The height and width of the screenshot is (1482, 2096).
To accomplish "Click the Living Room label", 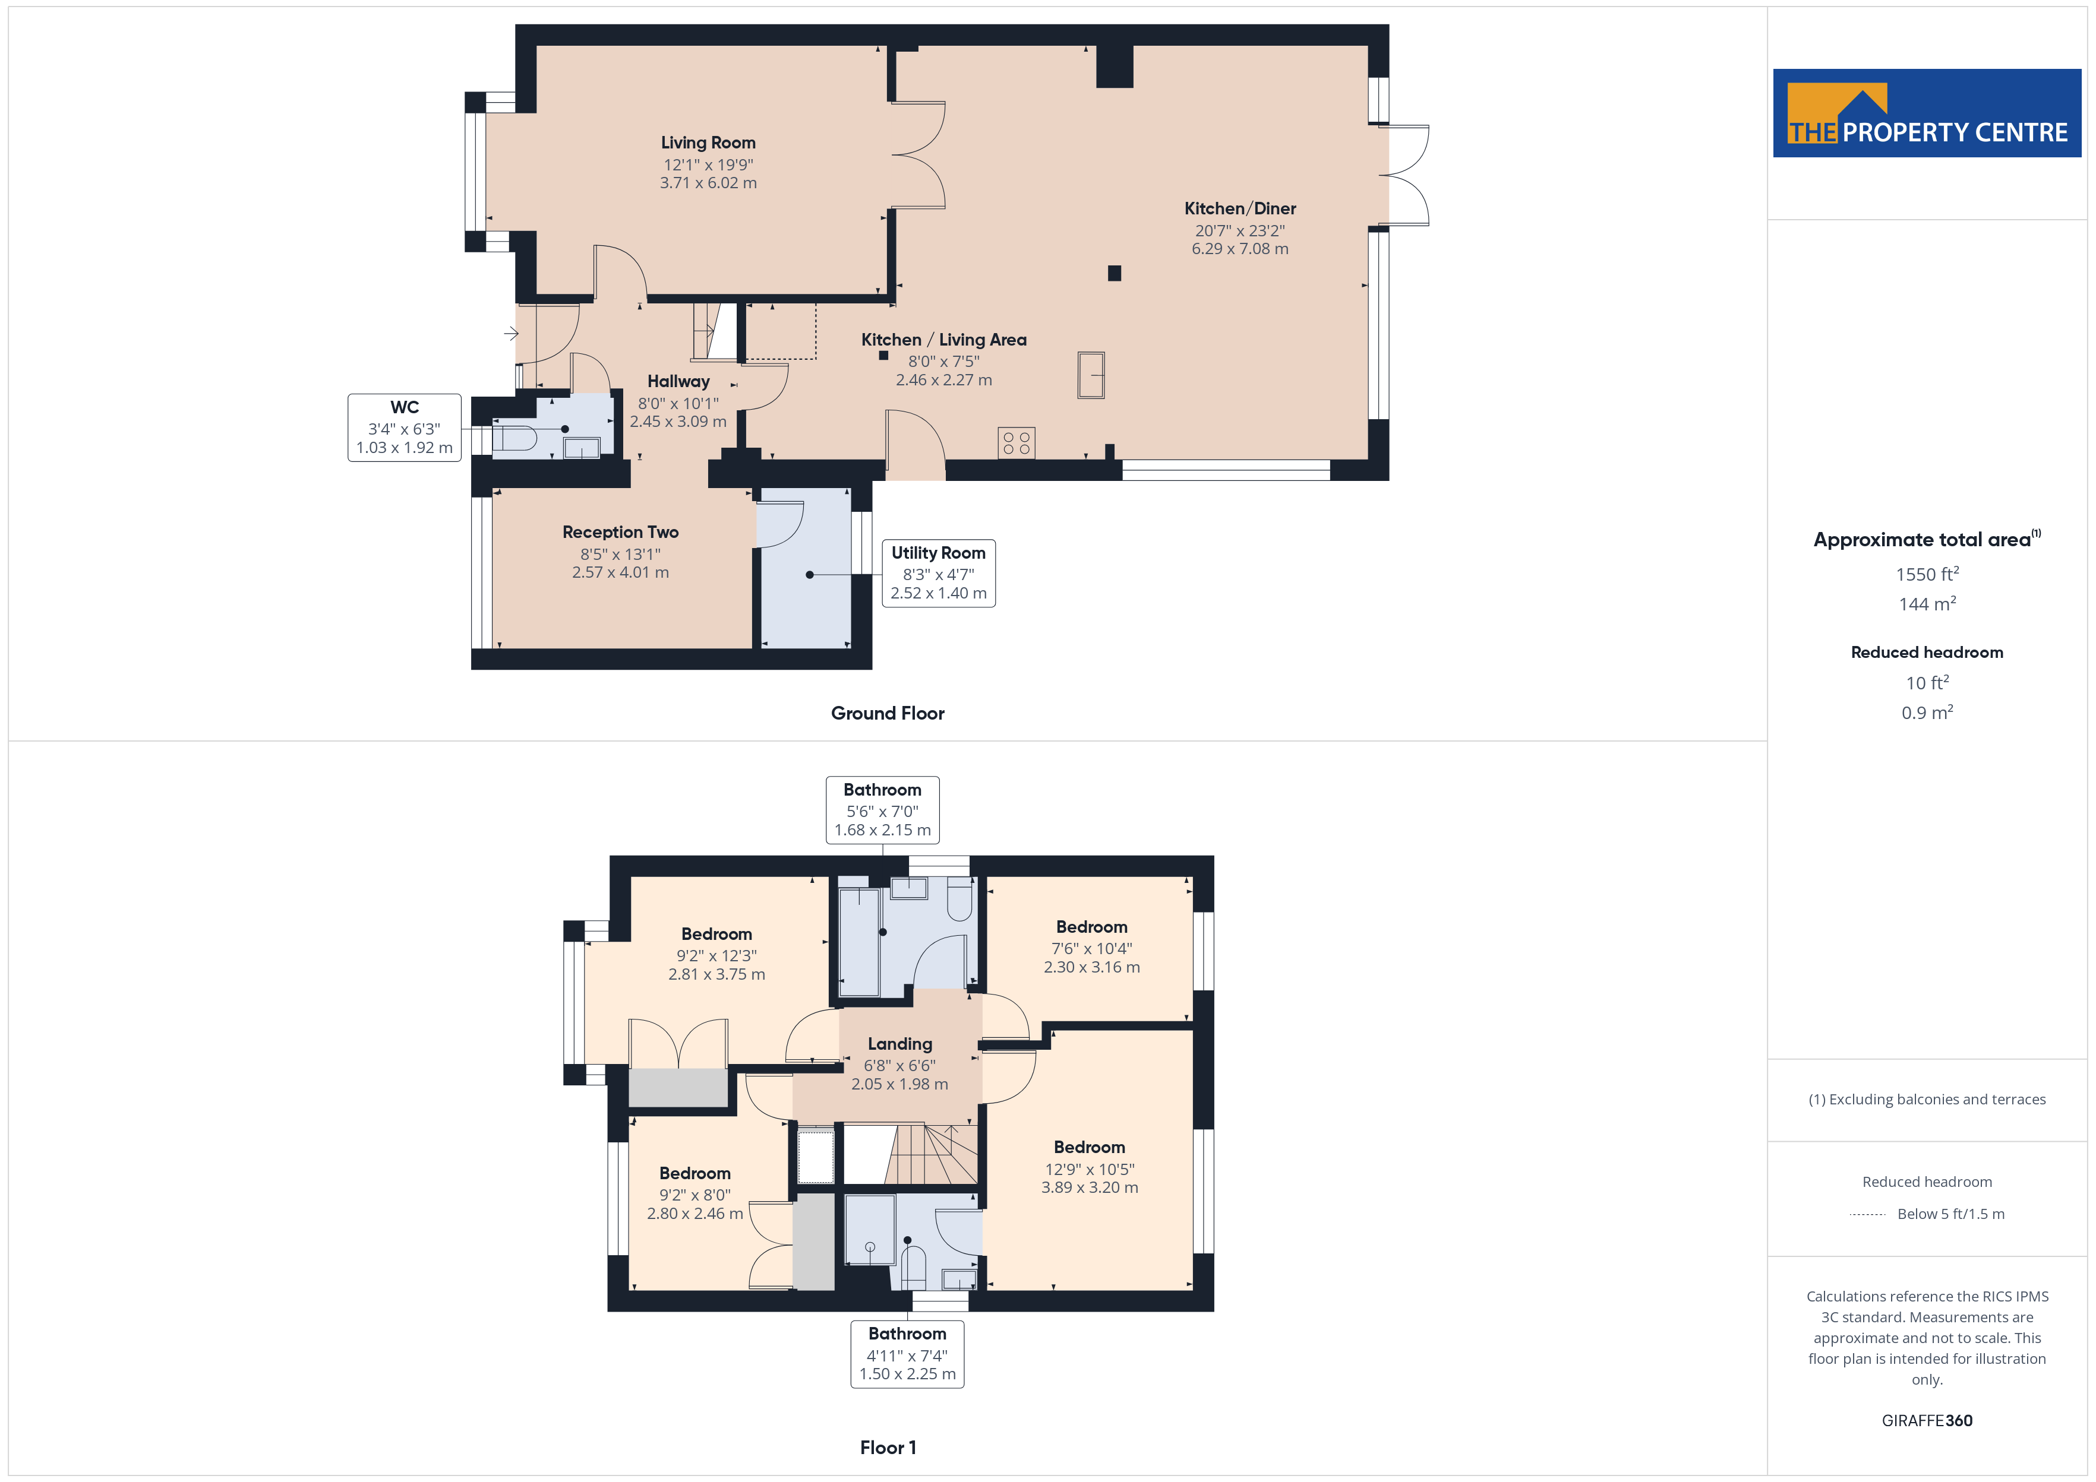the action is point(708,142).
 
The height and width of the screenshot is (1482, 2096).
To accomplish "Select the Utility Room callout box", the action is point(939,573).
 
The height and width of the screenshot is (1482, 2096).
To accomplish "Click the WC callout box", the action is point(405,427).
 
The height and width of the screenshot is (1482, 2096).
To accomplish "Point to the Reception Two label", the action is point(621,532).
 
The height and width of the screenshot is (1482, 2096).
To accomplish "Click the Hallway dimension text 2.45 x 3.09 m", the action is point(678,422).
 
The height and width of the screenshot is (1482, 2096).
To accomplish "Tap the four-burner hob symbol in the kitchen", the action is point(1016,442).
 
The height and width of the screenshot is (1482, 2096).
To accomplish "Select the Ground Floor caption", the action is point(888,714).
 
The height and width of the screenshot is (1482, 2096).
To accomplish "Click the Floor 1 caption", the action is point(888,1448).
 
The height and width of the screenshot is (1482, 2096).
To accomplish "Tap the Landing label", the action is point(900,1044).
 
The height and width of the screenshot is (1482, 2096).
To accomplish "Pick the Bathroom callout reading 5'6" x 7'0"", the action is point(883,809).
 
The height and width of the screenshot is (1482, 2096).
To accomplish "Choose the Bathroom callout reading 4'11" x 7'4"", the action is point(907,1354).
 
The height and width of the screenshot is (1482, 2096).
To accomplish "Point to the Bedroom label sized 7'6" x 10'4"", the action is point(1092,927).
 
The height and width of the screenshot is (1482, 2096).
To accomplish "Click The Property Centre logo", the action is point(1927,113).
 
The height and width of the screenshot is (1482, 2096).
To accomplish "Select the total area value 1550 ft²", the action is point(1927,574).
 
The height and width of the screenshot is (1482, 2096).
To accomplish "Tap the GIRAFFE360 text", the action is point(1927,1421).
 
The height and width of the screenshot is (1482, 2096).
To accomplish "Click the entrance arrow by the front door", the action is point(511,334).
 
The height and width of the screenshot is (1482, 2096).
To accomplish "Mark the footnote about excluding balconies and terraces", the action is point(1927,1100).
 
